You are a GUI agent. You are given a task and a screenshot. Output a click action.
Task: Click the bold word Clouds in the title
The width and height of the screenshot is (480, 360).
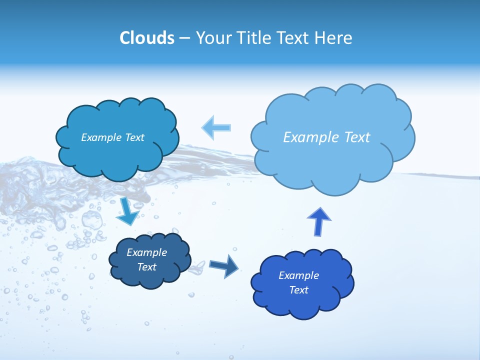click(146, 38)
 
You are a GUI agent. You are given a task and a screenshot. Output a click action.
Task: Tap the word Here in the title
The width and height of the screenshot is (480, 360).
click(334, 38)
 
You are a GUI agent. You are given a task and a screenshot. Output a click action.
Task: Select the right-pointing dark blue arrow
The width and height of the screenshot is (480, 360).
click(223, 266)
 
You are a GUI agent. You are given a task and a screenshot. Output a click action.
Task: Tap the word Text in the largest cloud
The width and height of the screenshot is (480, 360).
click(357, 137)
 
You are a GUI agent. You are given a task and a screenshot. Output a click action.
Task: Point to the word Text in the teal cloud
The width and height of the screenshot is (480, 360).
click(133, 137)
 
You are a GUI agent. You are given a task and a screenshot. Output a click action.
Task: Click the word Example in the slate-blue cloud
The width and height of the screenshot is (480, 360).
click(147, 252)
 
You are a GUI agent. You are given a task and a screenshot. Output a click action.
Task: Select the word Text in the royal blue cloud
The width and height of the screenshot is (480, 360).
click(299, 290)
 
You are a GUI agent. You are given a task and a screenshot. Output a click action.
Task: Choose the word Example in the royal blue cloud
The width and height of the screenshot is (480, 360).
click(299, 275)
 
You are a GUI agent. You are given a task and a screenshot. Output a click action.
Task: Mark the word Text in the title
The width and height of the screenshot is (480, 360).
click(295, 38)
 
